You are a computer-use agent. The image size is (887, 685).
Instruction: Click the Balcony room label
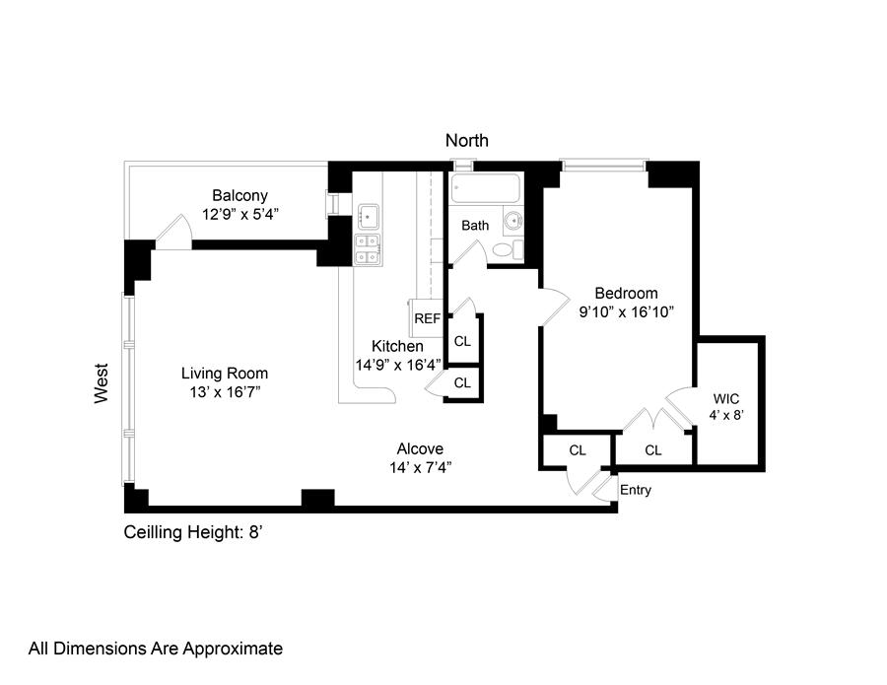pyautogui.click(x=239, y=196)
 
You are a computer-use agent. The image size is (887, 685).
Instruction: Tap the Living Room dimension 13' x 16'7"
pyautogui.click(x=225, y=392)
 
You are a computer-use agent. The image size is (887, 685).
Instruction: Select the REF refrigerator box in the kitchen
pyautogui.click(x=427, y=318)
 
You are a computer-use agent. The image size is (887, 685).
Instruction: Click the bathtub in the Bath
pyautogui.click(x=485, y=188)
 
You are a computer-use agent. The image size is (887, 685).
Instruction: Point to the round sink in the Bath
pyautogui.click(x=514, y=220)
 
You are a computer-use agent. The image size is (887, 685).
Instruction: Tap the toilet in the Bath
pyautogui.click(x=508, y=249)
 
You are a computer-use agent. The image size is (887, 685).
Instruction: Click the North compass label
pyautogui.click(x=467, y=140)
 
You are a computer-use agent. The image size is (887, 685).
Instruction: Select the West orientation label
pyautogui.click(x=101, y=383)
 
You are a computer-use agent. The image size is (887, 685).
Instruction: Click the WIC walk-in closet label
pyautogui.click(x=725, y=399)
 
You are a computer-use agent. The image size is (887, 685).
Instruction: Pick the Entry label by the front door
pyautogui.click(x=636, y=490)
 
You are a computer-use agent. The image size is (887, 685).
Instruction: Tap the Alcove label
pyautogui.click(x=420, y=449)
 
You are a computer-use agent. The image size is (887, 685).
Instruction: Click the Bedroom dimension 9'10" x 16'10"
pyautogui.click(x=626, y=311)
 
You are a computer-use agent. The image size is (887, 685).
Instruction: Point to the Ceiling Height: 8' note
pyautogui.click(x=193, y=532)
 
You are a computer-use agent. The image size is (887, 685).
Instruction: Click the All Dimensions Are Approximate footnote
pyautogui.click(x=156, y=649)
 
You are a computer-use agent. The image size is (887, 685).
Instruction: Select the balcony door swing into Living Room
pyautogui.click(x=174, y=232)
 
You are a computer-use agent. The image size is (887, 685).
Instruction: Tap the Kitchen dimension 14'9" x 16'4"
pyautogui.click(x=398, y=365)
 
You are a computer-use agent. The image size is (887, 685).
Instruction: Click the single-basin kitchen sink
pyautogui.click(x=369, y=216)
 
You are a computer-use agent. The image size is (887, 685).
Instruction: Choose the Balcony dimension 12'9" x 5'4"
pyautogui.click(x=240, y=215)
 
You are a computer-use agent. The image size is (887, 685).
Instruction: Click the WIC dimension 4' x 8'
pyautogui.click(x=725, y=415)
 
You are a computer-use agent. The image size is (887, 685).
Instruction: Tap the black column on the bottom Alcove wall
pyautogui.click(x=318, y=499)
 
